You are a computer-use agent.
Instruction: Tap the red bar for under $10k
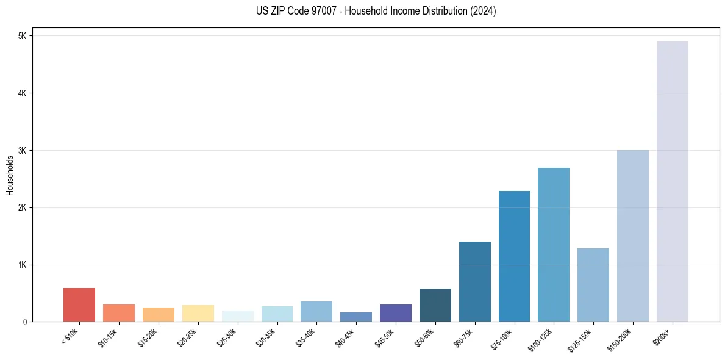pos(79,305)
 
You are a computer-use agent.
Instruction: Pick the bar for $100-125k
pos(554,245)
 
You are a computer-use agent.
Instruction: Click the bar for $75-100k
pos(514,256)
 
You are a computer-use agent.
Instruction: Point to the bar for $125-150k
pos(593,285)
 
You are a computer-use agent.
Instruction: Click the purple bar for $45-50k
pos(395,313)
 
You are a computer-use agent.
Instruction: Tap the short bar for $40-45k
pos(356,317)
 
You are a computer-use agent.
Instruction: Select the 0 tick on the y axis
pos(24,322)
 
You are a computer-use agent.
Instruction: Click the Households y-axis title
pos(10,175)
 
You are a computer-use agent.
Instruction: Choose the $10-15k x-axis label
pos(109,337)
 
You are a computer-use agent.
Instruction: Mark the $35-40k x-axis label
pos(306,337)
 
